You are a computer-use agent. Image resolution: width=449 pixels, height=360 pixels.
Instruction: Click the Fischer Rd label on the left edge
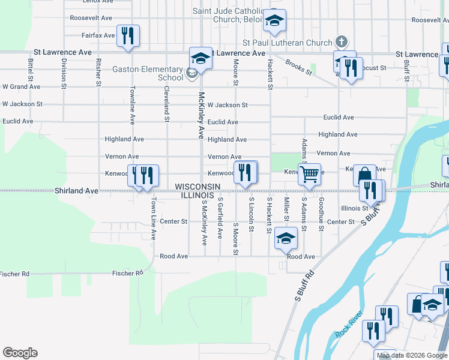coord(14,274)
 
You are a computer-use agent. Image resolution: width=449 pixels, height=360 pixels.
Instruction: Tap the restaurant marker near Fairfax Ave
coord(127,36)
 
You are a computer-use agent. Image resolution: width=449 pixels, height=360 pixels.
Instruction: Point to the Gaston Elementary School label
coord(148,73)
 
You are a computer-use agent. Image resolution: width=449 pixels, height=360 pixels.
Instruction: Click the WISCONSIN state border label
coord(197,187)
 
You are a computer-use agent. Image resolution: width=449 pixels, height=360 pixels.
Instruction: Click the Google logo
coord(20,353)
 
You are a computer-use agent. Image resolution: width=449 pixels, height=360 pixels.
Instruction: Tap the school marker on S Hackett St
coord(286,238)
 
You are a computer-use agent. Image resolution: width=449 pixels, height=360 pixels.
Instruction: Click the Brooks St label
coord(299,67)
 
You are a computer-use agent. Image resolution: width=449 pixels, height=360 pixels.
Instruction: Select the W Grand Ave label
coord(22,87)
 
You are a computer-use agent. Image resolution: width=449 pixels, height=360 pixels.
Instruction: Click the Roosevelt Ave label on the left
coord(91,18)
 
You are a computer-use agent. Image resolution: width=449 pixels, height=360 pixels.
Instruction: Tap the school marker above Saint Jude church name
coord(275,21)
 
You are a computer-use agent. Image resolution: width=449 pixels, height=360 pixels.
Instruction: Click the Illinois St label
coord(354,208)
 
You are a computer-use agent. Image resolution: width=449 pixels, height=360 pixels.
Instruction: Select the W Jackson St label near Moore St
coord(228,105)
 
